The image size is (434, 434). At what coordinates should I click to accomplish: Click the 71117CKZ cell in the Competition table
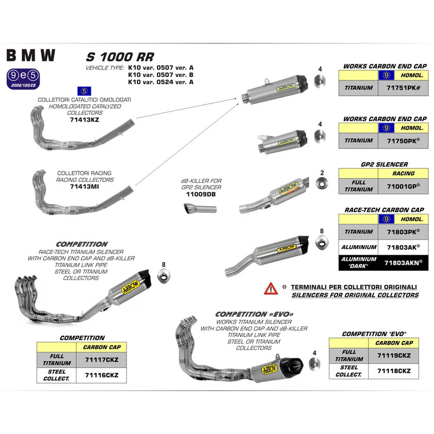[x=102, y=360]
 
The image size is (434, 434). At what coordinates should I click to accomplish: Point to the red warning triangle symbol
[x=270, y=289]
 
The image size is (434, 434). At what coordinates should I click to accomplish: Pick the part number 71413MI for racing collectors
[x=85, y=186]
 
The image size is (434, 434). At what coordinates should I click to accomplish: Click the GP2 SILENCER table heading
[x=384, y=164]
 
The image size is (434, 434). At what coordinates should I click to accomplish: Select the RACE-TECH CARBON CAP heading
[x=384, y=209]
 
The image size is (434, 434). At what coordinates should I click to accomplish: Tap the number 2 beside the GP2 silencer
[x=322, y=173]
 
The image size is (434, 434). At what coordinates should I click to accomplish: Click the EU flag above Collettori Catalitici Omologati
[x=85, y=91]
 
